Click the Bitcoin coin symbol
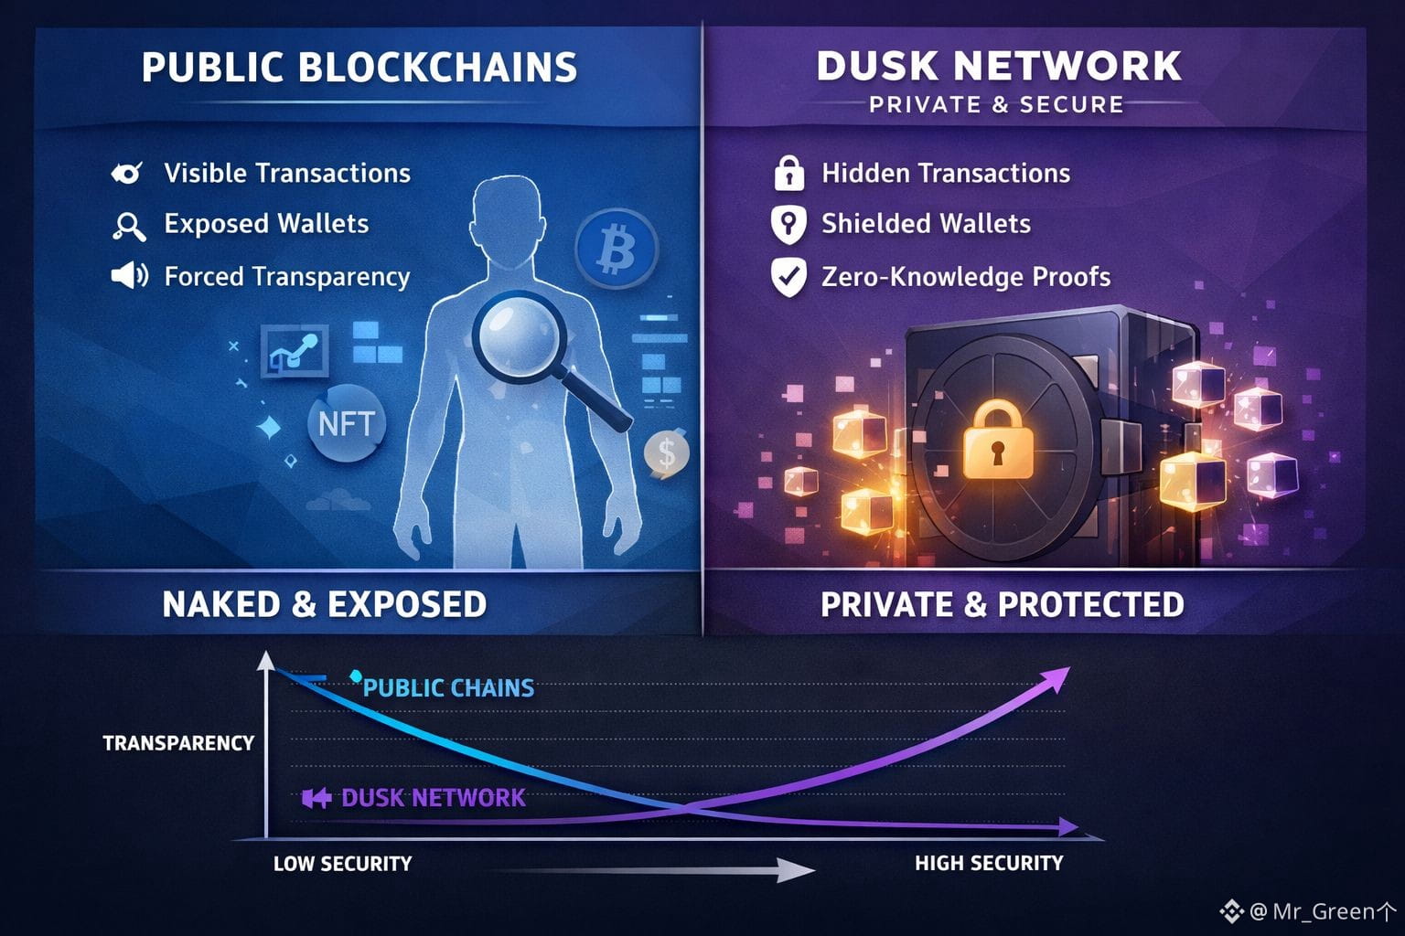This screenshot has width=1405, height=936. (617, 249)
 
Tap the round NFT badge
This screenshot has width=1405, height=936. (346, 423)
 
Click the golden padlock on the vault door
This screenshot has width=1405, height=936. (997, 441)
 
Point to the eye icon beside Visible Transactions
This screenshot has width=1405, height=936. (126, 173)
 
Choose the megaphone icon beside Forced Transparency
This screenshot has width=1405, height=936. (129, 275)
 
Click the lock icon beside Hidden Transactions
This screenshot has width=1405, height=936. (788, 173)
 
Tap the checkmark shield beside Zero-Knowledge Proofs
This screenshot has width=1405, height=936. (788, 277)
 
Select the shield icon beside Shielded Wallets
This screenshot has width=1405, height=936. (788, 224)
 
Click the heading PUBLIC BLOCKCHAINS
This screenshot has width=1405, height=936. (359, 69)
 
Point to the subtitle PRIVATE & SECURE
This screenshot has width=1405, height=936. (996, 105)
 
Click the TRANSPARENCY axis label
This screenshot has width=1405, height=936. (178, 743)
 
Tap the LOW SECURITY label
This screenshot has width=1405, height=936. (343, 864)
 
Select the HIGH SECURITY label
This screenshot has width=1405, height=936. (989, 864)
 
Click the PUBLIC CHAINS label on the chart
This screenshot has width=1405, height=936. (448, 688)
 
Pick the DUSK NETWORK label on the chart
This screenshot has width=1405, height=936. (433, 798)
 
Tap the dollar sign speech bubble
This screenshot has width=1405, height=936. (666, 452)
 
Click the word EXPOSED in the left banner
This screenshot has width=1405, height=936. (407, 604)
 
